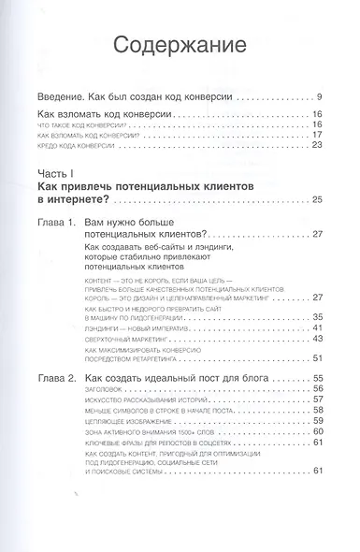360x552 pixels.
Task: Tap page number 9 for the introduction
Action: pos(320,97)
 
